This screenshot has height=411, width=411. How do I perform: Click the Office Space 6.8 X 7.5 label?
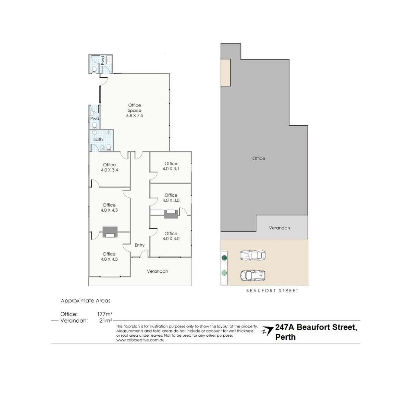point(135,111)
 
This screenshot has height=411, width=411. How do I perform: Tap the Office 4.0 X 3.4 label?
point(109,167)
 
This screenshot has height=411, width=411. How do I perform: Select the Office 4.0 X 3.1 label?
point(171,166)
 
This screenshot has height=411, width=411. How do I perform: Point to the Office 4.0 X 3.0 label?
point(171,198)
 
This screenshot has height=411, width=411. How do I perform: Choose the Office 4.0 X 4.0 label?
point(171,236)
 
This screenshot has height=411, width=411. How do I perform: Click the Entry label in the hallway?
point(139,245)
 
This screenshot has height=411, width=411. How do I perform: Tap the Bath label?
point(98,139)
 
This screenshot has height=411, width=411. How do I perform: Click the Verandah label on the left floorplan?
point(158,271)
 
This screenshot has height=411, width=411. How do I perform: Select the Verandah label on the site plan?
point(279,228)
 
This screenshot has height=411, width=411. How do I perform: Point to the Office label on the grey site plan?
point(259,159)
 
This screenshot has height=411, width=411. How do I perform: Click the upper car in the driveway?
point(252,255)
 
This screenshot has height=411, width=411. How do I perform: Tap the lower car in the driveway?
point(253,276)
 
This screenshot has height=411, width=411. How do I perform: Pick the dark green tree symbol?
point(224,258)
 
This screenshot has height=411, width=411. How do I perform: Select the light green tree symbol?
point(224,273)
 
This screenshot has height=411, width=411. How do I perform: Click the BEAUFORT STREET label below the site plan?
point(272,291)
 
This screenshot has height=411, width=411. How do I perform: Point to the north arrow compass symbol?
point(268,331)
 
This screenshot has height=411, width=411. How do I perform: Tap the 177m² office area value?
point(105,314)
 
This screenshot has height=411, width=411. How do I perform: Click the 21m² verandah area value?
point(106,321)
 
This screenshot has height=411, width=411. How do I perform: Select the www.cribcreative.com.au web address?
point(140,340)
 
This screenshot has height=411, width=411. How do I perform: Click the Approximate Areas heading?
point(86,301)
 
